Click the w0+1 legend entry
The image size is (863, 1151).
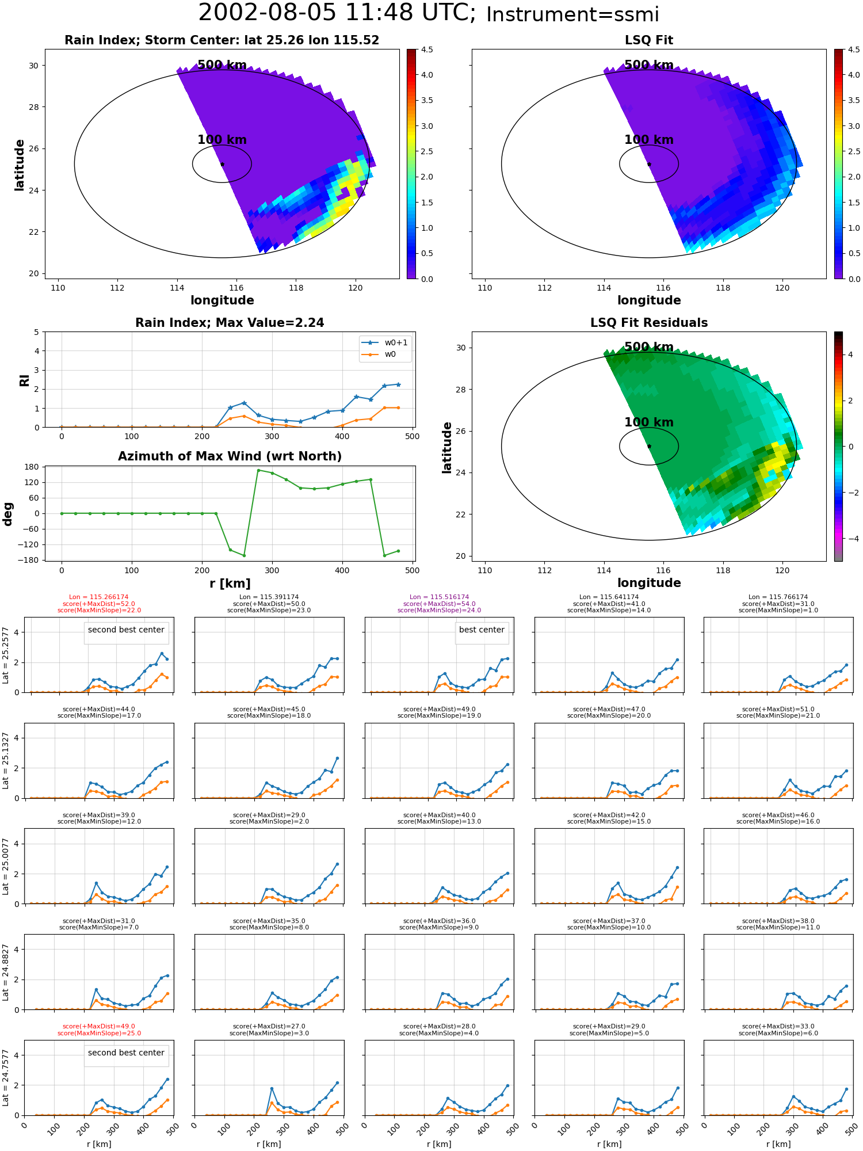(x=385, y=342)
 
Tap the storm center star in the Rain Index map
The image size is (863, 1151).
(x=222, y=164)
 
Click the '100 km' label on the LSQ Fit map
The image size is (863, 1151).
(x=649, y=140)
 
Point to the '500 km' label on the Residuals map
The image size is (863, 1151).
(x=649, y=347)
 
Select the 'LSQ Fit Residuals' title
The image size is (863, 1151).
(x=649, y=323)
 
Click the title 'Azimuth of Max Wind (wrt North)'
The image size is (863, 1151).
(x=230, y=456)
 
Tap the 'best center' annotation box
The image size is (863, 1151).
(x=482, y=630)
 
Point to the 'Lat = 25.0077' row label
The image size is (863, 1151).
(x=6, y=866)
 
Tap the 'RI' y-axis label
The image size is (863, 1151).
(x=25, y=380)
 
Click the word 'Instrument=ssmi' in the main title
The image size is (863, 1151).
(x=572, y=14)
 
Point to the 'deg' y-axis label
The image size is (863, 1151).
(x=8, y=514)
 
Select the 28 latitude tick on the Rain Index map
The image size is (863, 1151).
(x=33, y=107)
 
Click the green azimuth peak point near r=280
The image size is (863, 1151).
(x=258, y=470)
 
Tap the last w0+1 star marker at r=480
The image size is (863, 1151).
(x=398, y=384)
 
